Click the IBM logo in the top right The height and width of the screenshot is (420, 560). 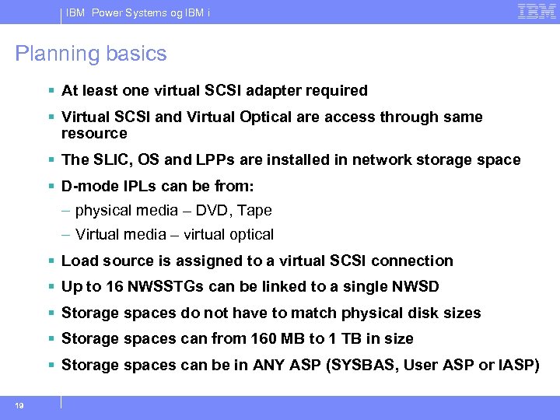[537, 12]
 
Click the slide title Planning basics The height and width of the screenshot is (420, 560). [91, 54]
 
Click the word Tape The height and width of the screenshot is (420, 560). [255, 211]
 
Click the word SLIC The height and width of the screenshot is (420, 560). [108, 160]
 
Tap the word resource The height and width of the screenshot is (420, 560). [93, 134]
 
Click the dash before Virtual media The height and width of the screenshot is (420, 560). [67, 235]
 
